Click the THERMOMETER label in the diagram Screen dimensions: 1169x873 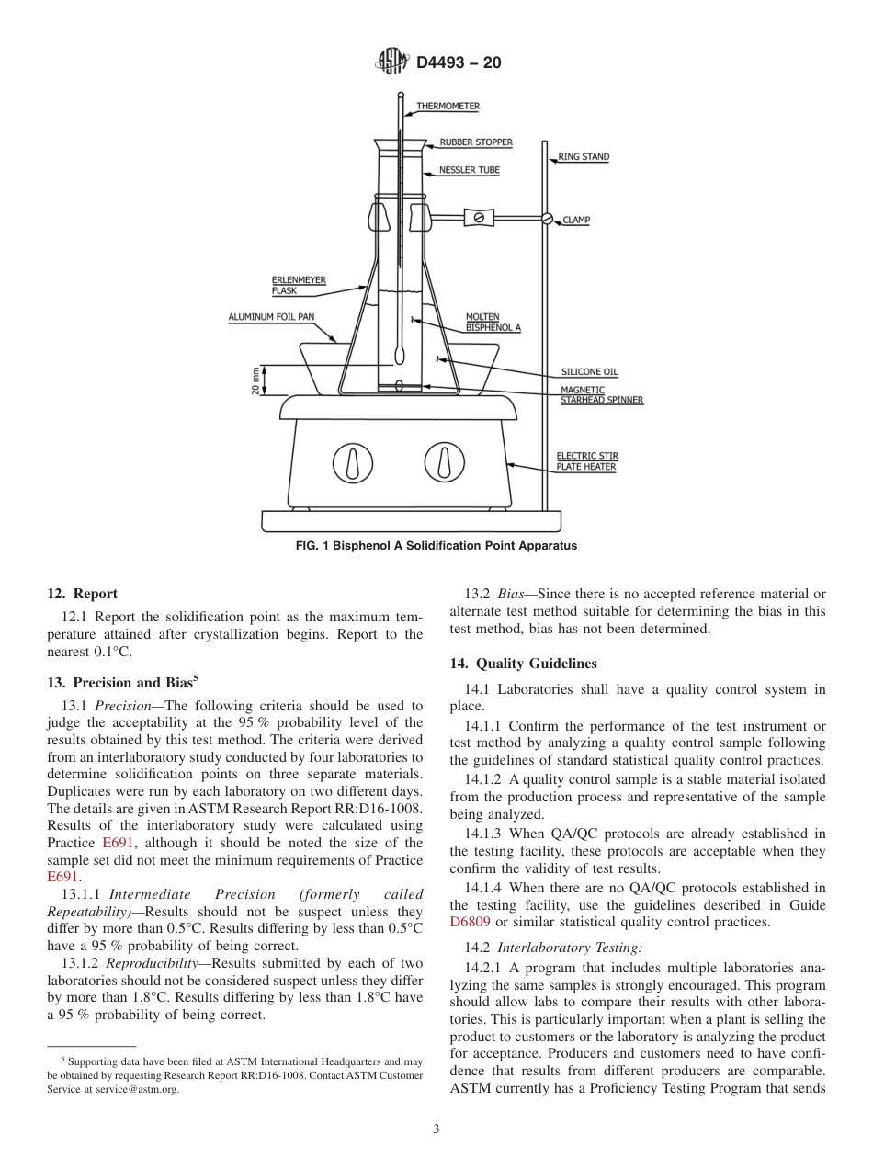[448, 107]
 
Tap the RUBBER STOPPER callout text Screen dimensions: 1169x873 [475, 142]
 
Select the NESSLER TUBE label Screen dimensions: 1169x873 [469, 171]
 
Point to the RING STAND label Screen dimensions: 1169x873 [584, 157]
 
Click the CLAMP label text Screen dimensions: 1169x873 [576, 221]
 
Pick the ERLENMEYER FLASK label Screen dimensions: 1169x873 [299, 286]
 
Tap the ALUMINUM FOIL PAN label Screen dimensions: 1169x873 [271, 317]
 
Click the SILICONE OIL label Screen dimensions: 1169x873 [589, 372]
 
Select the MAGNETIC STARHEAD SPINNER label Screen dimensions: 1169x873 [601, 395]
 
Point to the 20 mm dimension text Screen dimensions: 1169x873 [255, 380]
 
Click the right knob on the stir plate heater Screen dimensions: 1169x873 [444, 461]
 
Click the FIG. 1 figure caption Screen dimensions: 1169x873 [436, 546]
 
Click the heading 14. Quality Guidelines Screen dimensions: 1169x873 [523, 664]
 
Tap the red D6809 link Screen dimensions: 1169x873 [471, 923]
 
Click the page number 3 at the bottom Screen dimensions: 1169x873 [436, 1129]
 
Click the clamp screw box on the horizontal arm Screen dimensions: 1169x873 [479, 218]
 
